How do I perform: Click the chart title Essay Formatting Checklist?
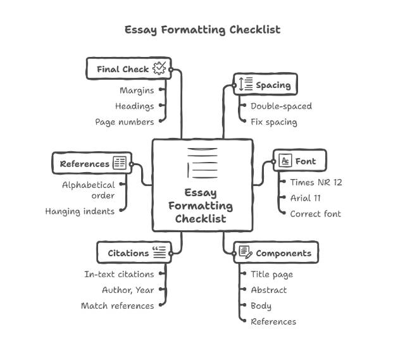[x=202, y=30]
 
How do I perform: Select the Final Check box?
[x=128, y=69]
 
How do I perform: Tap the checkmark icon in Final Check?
[x=159, y=68]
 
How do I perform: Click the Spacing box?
[x=265, y=85]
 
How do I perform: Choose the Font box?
[x=299, y=161]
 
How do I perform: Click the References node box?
[x=92, y=164]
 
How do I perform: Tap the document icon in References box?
[x=120, y=163]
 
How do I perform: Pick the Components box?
[x=276, y=253]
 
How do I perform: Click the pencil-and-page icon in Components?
[x=246, y=253]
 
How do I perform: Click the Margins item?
[x=137, y=90]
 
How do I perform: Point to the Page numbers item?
[x=125, y=121]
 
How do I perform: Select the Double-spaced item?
[x=281, y=106]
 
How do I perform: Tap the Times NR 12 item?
[x=316, y=182]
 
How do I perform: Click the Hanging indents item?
[x=80, y=211]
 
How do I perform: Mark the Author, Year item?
[x=128, y=290]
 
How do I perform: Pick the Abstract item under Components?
[x=268, y=290]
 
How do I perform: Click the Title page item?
[x=271, y=275]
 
